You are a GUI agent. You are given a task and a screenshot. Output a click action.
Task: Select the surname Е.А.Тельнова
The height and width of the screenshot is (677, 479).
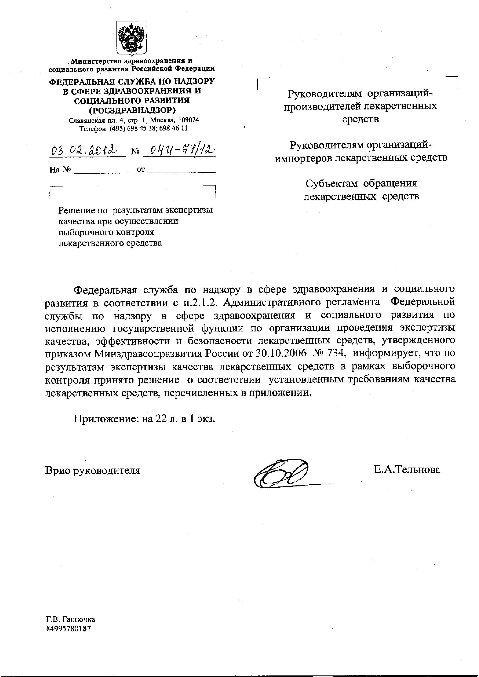pyautogui.click(x=407, y=469)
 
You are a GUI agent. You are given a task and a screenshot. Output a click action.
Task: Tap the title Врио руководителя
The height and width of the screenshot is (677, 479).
pyautogui.click(x=93, y=470)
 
